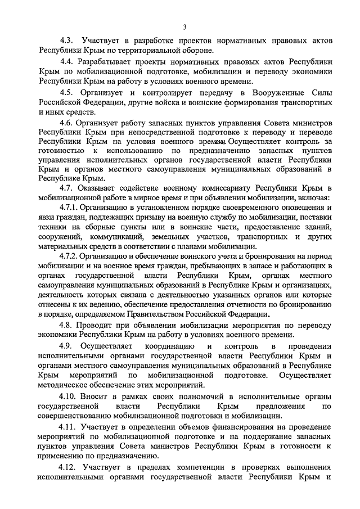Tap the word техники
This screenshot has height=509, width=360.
pyautogui.click(x=52, y=228)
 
